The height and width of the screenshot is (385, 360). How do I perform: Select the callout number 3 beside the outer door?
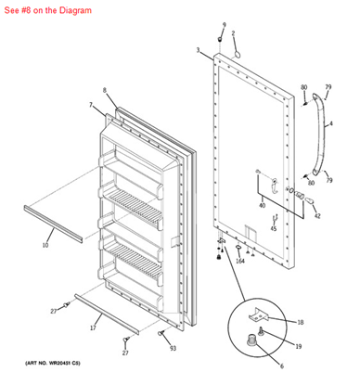point(198,50)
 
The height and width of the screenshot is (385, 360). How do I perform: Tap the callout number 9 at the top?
point(224,24)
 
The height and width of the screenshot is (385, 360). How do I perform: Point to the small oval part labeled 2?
point(237,54)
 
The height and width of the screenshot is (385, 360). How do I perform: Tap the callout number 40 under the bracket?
point(262,205)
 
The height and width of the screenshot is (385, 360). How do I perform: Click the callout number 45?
point(274,228)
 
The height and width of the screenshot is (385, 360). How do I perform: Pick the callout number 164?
point(240,261)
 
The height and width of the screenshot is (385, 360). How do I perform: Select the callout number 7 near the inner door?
point(91,106)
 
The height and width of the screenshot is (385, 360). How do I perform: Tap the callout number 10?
point(45,246)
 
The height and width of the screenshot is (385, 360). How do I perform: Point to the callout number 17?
point(94,328)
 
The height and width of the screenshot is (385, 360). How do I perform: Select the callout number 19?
point(299,346)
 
